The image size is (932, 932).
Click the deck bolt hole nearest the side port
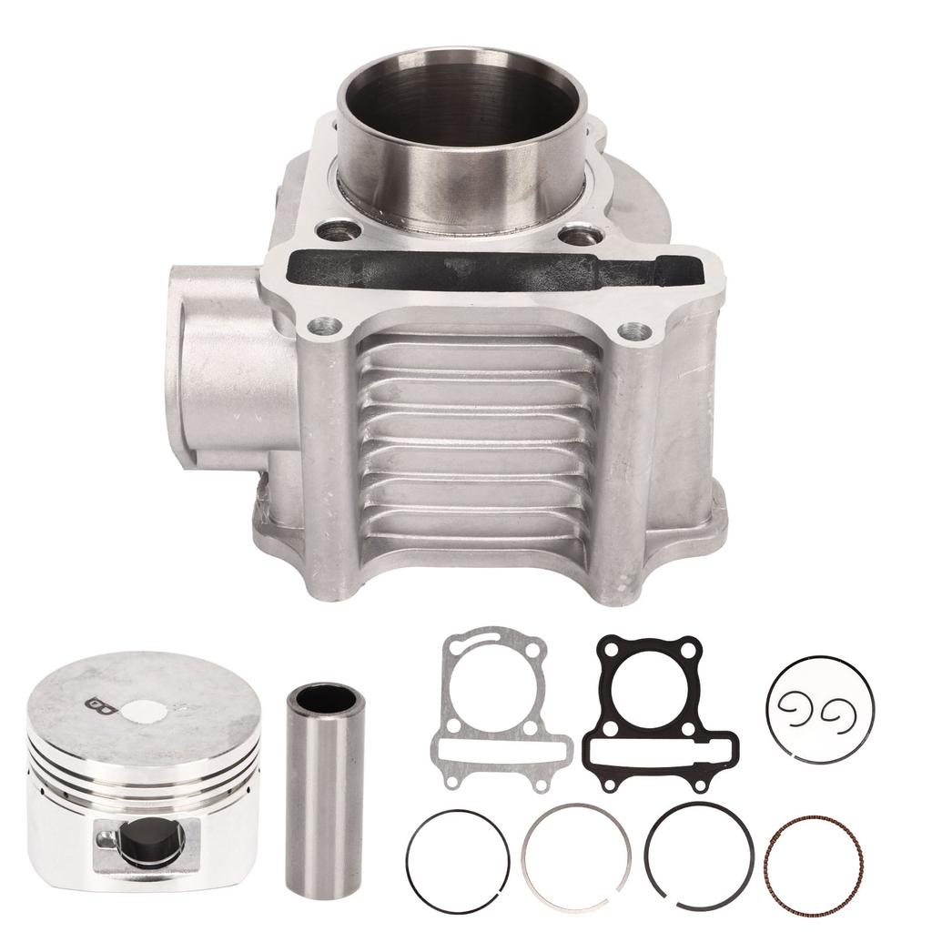pos(322,325)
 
